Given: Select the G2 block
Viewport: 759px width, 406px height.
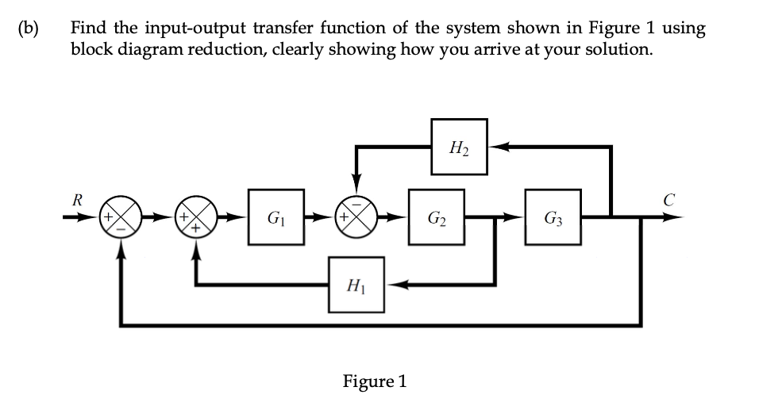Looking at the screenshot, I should (x=436, y=216).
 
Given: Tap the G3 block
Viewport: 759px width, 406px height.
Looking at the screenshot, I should (x=553, y=216).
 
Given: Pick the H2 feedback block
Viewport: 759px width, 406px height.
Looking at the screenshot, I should (x=458, y=146).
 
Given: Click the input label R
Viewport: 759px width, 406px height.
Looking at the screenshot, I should (x=77, y=198).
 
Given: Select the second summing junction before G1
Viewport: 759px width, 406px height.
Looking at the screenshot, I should (x=196, y=216).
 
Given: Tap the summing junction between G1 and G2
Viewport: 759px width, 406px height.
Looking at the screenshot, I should (x=356, y=216).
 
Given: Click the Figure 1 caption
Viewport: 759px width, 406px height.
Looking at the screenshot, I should (x=374, y=381).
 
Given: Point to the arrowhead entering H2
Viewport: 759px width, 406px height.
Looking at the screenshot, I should (x=497, y=146).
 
